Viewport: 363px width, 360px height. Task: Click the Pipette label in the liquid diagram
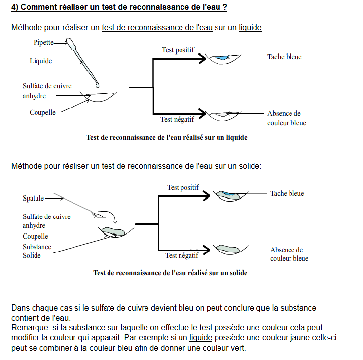43,43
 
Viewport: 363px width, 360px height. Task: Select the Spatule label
33,198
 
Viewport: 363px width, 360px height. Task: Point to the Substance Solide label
37,251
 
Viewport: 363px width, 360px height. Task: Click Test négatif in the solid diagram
182,255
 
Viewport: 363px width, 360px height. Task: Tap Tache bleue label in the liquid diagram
284,57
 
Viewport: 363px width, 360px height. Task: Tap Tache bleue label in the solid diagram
287,193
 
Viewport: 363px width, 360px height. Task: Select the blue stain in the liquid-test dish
222,58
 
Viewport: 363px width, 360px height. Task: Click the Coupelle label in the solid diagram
36,236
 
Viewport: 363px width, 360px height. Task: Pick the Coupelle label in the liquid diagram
42,112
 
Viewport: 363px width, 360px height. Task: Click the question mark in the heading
225,7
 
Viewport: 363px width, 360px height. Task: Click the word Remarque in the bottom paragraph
29,328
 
